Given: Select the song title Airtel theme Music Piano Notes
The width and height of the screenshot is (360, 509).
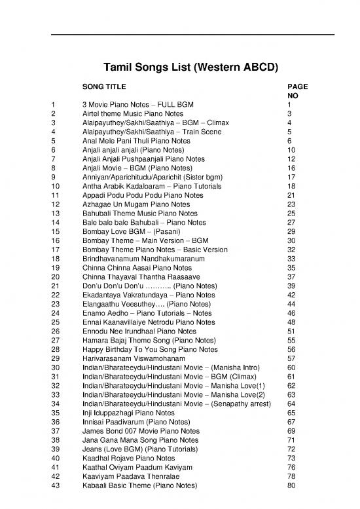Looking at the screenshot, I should coord(128,113).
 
